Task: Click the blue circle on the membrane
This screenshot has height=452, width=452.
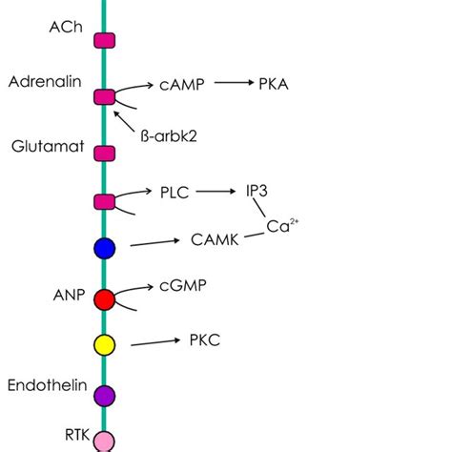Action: [105, 249]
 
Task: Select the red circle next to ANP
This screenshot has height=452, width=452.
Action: [105, 299]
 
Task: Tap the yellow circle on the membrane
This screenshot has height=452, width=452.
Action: [105, 344]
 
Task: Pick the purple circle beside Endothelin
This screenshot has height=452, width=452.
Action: [105, 394]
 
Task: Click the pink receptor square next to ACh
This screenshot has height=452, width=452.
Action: [105, 39]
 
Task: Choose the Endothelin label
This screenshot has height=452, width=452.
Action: [48, 386]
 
